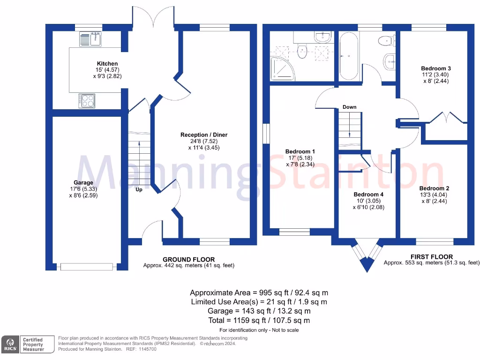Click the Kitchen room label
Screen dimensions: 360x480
(x=107, y=64)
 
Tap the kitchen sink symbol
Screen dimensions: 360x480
(x=91, y=39)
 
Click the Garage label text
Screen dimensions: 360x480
(x=83, y=183)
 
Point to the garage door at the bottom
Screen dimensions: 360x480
(x=87, y=267)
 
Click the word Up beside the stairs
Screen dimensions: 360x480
(x=139, y=190)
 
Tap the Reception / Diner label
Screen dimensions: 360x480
(x=204, y=135)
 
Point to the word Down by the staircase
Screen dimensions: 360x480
(x=349, y=107)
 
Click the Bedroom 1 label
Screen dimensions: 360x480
(x=300, y=151)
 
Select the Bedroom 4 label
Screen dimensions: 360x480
(x=368, y=195)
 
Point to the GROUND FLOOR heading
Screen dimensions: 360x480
(x=188, y=259)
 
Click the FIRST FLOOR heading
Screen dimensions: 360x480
(x=431, y=257)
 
